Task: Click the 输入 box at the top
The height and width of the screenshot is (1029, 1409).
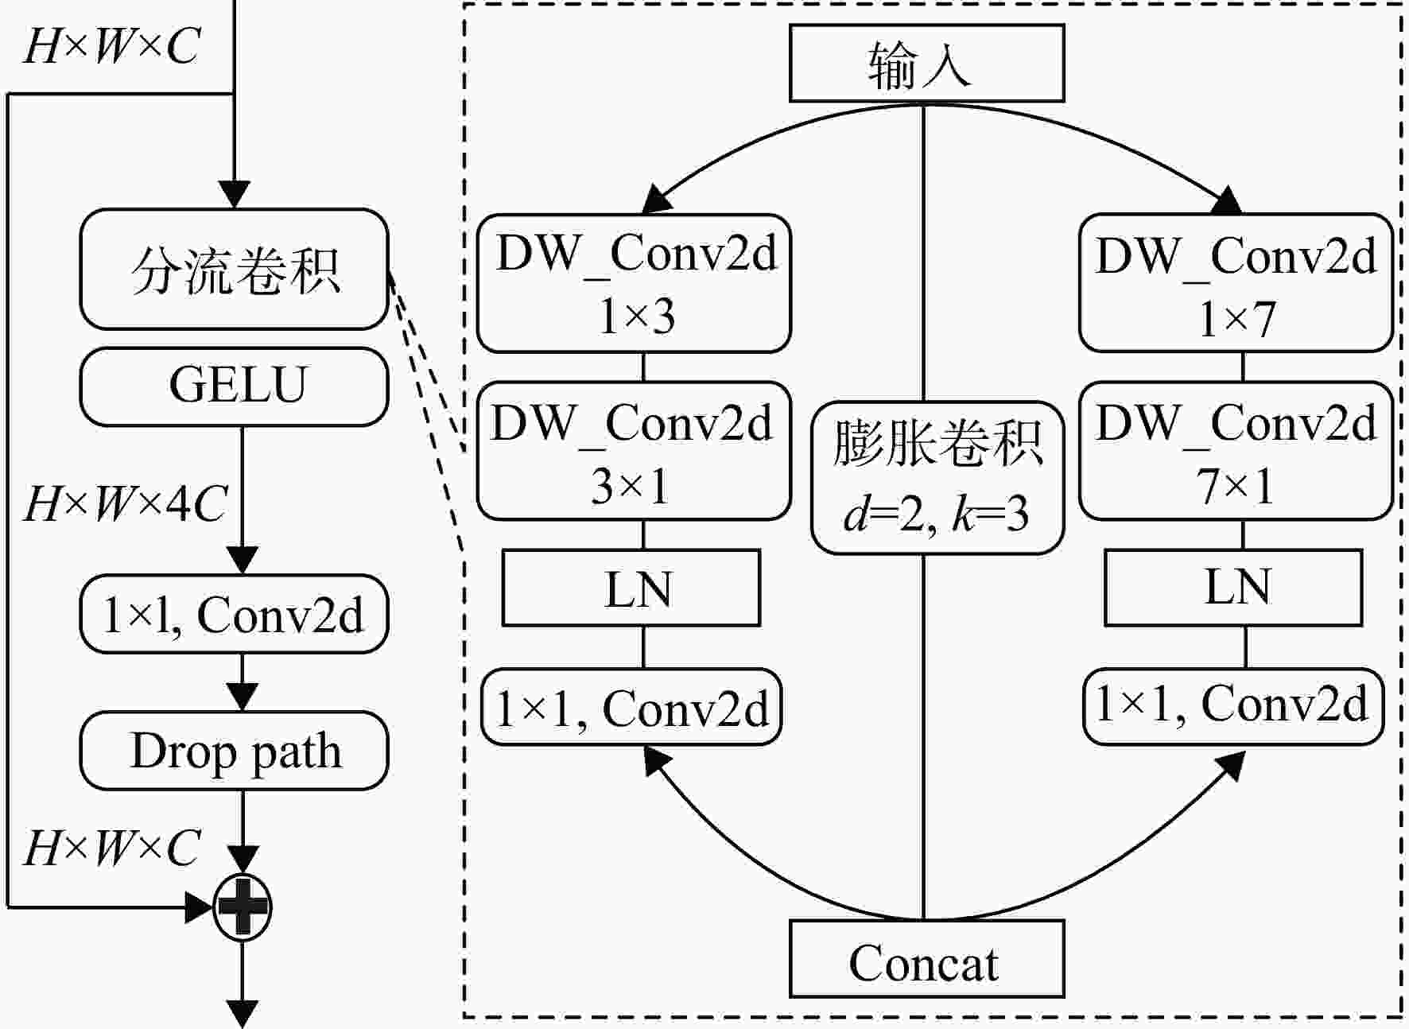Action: click(x=926, y=63)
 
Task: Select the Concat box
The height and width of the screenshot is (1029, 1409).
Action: click(x=926, y=959)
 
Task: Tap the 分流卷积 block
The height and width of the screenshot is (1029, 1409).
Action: click(x=235, y=269)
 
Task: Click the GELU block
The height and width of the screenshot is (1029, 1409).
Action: click(x=235, y=386)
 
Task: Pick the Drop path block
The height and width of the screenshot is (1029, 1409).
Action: click(x=235, y=751)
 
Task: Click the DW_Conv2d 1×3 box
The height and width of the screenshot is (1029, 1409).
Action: click(x=634, y=283)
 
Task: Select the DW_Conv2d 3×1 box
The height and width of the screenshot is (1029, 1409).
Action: click(x=634, y=451)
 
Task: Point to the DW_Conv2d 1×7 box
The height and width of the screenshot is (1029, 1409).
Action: click(x=1236, y=283)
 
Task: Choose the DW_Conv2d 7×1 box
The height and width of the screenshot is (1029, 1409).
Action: click(x=1236, y=451)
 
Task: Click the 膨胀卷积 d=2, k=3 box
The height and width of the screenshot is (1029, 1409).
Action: click(x=937, y=477)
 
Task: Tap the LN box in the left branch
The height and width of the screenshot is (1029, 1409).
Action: click(x=631, y=588)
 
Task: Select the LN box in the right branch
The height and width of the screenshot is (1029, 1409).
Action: click(x=1233, y=588)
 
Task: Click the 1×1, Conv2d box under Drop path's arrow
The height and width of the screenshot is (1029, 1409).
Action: click(x=235, y=614)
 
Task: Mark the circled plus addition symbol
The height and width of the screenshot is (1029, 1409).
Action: click(x=243, y=907)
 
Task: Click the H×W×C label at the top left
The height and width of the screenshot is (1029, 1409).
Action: click(x=111, y=45)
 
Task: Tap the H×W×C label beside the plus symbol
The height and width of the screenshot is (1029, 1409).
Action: click(x=111, y=848)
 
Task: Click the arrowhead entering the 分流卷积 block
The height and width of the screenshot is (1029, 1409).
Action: click(x=235, y=195)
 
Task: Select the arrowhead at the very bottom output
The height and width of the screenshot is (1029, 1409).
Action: click(x=243, y=1015)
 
